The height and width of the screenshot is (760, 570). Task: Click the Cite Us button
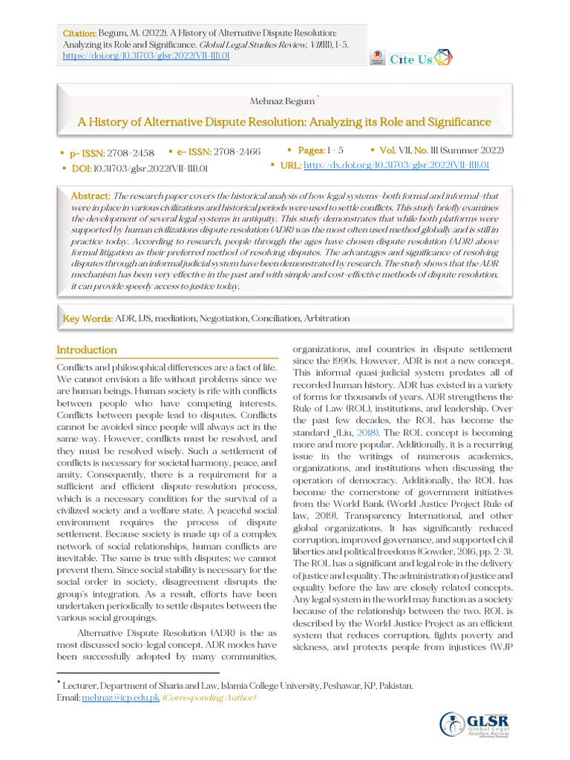(410, 59)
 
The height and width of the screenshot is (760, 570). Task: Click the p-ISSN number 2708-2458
(131, 153)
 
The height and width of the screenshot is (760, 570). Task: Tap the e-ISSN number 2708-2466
(237, 152)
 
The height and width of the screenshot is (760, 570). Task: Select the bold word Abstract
(90, 194)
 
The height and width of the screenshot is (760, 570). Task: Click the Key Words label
(88, 318)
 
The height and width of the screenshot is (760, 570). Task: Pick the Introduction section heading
(87, 350)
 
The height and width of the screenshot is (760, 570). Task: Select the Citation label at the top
(79, 34)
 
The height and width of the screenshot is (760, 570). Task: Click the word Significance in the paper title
(453, 122)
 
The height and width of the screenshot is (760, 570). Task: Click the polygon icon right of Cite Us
(444, 58)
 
